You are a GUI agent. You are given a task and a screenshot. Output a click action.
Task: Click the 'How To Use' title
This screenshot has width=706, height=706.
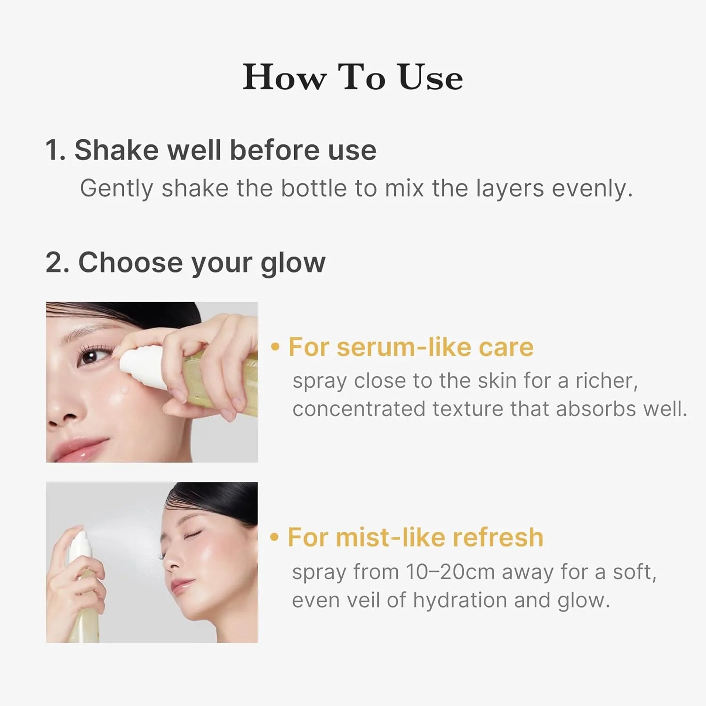(x=353, y=77)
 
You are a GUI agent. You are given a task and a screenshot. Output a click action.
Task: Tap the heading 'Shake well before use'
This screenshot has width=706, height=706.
(x=225, y=150)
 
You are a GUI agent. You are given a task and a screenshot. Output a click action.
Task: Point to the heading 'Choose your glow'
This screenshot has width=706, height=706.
(x=201, y=262)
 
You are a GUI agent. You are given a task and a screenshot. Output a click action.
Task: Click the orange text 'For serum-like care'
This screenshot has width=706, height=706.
(x=411, y=347)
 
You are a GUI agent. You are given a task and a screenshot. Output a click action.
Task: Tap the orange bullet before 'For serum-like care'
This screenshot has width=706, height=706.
(x=276, y=347)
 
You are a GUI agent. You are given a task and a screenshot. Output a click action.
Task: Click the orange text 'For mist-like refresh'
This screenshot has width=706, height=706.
(x=415, y=537)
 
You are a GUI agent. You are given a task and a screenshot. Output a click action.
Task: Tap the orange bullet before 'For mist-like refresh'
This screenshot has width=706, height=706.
(x=275, y=537)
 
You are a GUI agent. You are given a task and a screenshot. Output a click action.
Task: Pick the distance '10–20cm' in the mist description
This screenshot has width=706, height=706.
(x=450, y=572)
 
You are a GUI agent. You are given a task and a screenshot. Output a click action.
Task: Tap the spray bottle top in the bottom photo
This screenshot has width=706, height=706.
(x=78, y=541)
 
